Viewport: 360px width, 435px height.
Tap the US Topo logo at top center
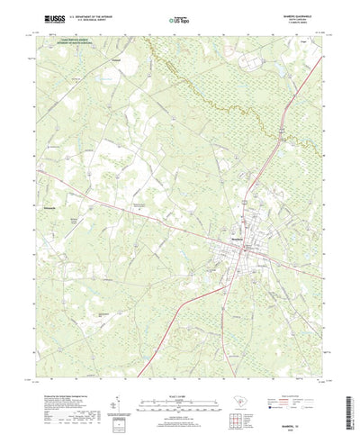[179, 18]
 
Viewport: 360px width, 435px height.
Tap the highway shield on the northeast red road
[280, 136]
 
